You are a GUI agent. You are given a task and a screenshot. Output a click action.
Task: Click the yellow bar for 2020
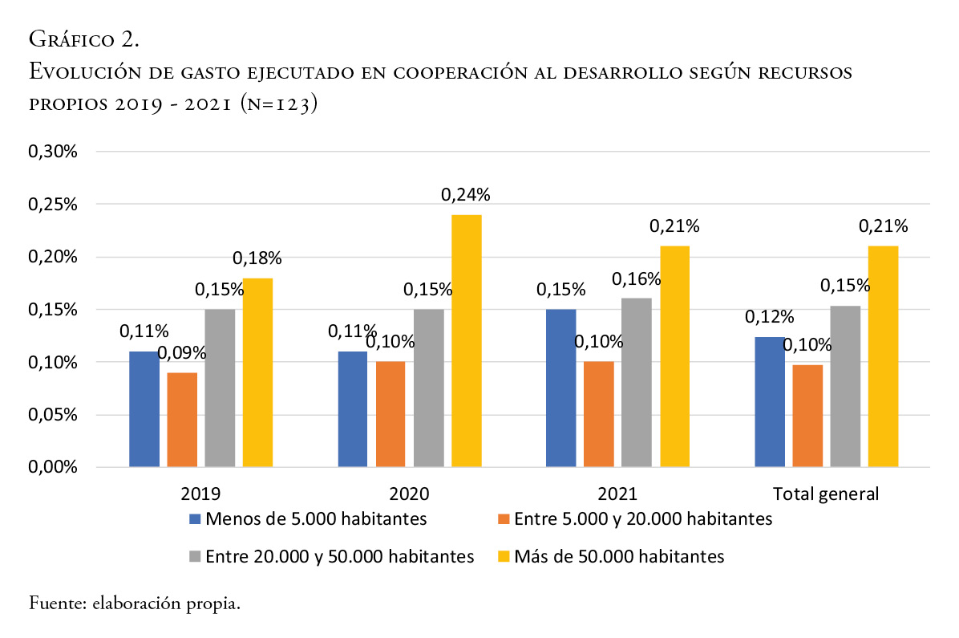tap(466, 341)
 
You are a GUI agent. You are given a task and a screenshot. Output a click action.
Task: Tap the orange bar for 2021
tap(598, 414)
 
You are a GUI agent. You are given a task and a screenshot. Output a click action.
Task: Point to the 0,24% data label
tap(466, 194)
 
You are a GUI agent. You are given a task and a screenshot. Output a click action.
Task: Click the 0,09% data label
tap(182, 352)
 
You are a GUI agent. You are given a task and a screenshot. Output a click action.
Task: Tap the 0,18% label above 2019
tap(257, 258)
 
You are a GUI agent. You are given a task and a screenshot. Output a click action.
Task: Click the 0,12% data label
tap(771, 316)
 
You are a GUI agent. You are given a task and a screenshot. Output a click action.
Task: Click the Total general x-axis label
tap(826, 493)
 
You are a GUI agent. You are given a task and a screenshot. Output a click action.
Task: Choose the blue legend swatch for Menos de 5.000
tap(194, 519)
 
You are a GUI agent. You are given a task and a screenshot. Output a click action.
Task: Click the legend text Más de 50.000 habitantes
tap(619, 556)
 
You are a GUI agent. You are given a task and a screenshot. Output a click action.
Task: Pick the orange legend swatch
tap(503, 519)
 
